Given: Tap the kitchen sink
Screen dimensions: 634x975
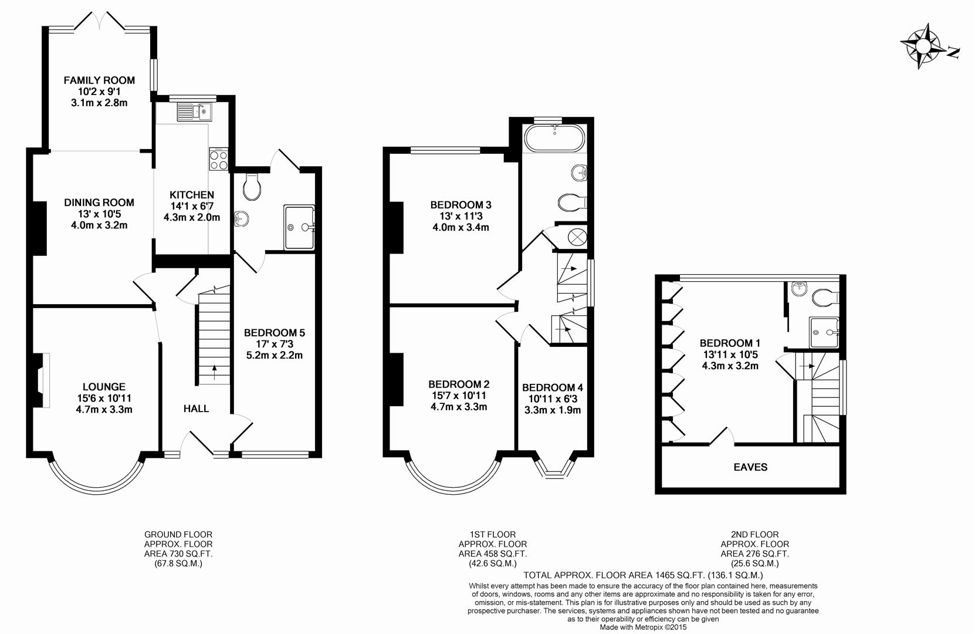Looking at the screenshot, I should tap(194, 110).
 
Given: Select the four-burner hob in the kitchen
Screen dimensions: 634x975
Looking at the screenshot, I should tap(218, 160).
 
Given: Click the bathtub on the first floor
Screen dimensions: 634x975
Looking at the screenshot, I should tap(554, 139).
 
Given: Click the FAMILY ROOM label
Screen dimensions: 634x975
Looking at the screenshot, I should tap(99, 80).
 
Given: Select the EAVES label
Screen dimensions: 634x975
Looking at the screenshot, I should tap(750, 467).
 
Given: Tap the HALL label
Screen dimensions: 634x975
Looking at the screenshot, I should tap(196, 409).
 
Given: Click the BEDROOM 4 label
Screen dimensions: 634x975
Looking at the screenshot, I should tap(552, 387).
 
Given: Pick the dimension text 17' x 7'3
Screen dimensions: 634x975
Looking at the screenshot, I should tap(274, 344).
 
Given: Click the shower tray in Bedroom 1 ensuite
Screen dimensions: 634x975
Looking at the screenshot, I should tap(824, 333).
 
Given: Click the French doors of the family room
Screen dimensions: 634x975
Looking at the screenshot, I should tap(100, 22).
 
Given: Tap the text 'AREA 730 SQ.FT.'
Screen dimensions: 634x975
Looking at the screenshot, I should tap(178, 554).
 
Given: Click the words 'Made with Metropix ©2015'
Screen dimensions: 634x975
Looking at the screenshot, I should tap(642, 627).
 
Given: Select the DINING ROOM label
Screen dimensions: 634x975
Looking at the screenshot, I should tap(99, 203).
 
